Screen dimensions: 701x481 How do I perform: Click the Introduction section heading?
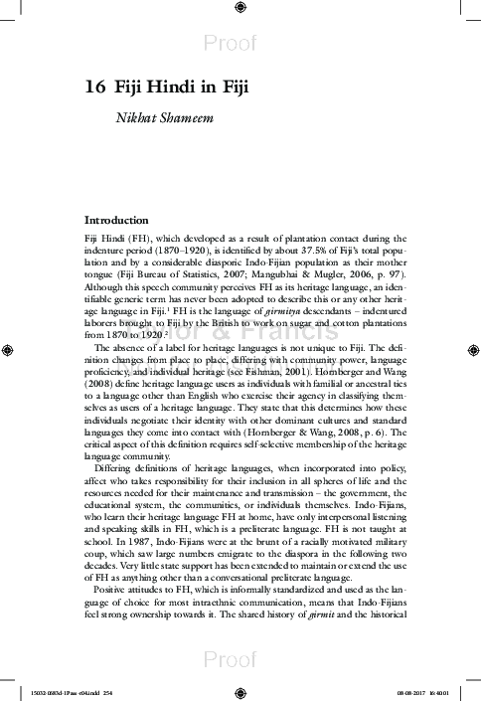tap(116, 219)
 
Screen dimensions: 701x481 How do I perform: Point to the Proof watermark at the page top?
tap(240, 42)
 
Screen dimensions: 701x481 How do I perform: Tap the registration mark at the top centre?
tap(240, 9)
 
